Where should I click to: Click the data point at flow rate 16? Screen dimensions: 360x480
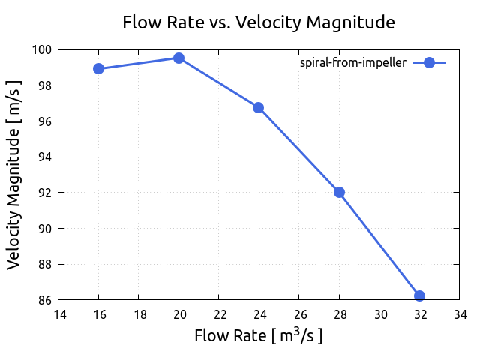click(98, 68)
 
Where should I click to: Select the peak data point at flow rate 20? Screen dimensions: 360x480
click(178, 58)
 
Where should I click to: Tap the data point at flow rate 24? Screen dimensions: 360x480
click(259, 107)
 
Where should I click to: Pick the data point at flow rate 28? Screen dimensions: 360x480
click(339, 192)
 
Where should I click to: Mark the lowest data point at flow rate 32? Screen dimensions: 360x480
click(419, 295)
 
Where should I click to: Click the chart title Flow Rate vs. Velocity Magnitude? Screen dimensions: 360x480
click(259, 22)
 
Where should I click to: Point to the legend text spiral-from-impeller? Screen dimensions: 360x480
click(352, 63)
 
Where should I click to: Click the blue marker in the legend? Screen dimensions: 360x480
click(429, 63)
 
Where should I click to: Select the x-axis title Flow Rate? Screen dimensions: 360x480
click(259, 334)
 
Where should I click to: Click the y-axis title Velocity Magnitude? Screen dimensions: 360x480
click(14, 175)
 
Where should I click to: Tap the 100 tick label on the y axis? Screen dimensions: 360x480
click(42, 50)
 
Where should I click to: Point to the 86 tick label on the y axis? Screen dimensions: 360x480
click(45, 300)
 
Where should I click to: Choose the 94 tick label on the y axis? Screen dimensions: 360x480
click(45, 157)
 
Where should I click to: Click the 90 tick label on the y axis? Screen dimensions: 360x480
click(45, 229)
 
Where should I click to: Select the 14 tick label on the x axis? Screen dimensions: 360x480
click(58, 314)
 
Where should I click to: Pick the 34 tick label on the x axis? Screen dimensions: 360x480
click(459, 314)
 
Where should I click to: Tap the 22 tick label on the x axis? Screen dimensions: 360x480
click(219, 314)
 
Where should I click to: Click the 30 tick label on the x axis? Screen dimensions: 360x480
click(379, 314)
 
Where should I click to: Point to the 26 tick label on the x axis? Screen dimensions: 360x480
click(299, 314)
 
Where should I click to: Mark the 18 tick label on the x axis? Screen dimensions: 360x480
click(139, 314)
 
